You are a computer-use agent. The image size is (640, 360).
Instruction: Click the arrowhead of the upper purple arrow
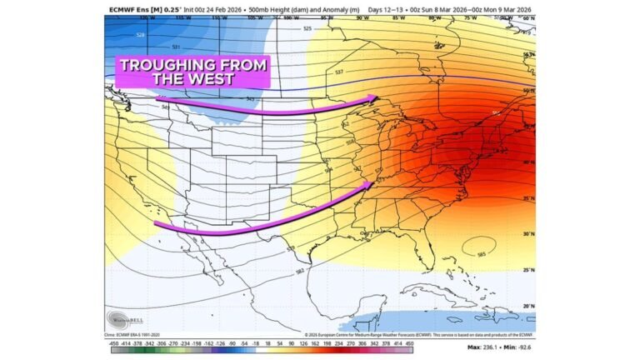(374, 99)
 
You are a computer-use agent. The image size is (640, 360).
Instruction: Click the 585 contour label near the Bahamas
(481, 254)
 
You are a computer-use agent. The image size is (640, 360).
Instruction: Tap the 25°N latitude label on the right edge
(528, 270)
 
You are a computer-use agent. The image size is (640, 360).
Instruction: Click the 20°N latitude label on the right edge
(528, 307)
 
